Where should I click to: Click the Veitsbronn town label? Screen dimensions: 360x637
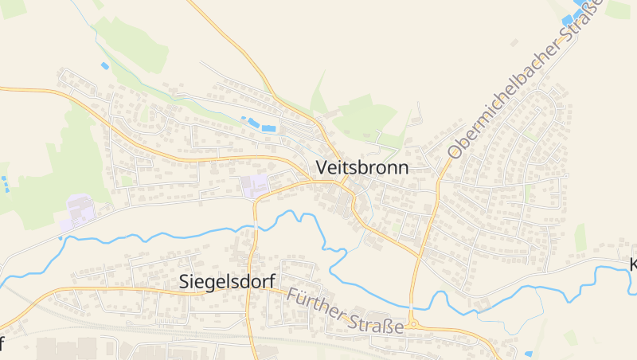point(361,168)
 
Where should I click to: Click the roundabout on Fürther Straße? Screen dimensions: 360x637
point(412,324)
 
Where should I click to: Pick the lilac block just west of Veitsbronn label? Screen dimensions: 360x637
point(255,186)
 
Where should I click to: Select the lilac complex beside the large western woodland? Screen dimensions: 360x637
point(80,212)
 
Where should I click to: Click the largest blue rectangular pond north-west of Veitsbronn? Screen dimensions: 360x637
point(269,127)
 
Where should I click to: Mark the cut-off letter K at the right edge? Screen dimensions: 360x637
point(632,264)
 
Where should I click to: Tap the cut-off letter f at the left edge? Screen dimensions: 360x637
point(2,344)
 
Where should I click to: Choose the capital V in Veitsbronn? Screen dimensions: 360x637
point(322,168)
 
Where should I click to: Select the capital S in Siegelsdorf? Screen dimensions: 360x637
point(185,280)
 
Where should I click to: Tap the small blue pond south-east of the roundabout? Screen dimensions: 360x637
point(528,352)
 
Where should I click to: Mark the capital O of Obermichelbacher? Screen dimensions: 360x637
point(455,150)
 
